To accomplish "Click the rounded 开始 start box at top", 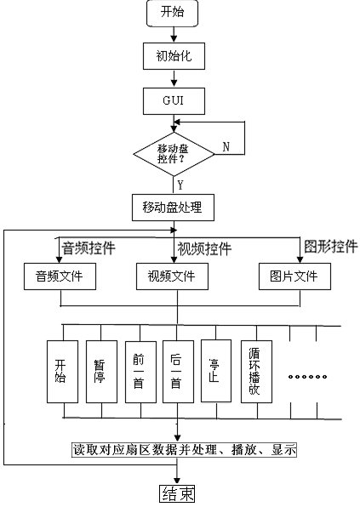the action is click(172, 13).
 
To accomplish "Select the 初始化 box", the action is click(174, 56).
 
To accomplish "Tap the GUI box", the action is click(174, 101).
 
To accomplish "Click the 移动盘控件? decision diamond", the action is click(174, 154).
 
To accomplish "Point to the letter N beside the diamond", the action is click(226, 147).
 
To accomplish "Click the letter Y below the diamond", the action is click(180, 185).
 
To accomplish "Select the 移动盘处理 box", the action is click(173, 208).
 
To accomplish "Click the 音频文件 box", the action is click(60, 276).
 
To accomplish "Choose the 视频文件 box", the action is click(172, 276).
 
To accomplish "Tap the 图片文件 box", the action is click(294, 276).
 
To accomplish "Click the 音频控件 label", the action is click(89, 248).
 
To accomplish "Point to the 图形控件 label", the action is click(331, 246).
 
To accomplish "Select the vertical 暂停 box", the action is click(101, 372).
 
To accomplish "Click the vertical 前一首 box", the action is click(140, 372).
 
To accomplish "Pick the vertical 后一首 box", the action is click(178, 372).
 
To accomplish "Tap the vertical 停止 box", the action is click(216, 371).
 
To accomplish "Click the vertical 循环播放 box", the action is click(256, 372).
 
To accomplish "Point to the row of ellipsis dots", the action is click(307, 377).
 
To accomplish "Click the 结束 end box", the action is click(177, 493).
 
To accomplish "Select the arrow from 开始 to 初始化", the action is click(174, 34).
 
